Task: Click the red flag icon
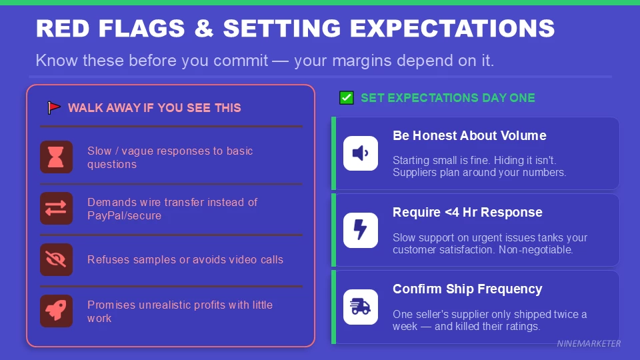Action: tap(54, 107)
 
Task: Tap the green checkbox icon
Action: tap(347, 98)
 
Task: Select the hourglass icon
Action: tap(56, 157)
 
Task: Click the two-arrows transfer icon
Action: tap(56, 208)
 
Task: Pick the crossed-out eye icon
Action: tap(56, 259)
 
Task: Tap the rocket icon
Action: tap(56, 311)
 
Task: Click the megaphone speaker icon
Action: tap(360, 153)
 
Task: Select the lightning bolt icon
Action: tap(360, 230)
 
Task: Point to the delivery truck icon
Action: tap(360, 307)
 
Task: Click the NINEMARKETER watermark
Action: tap(589, 344)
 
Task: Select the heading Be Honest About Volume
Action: tap(469, 135)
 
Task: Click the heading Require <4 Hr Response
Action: tap(467, 212)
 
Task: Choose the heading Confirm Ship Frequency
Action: tap(467, 289)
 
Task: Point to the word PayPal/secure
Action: tap(124, 215)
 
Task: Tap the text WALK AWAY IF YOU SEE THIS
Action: tap(154, 107)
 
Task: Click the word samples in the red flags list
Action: tap(155, 259)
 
